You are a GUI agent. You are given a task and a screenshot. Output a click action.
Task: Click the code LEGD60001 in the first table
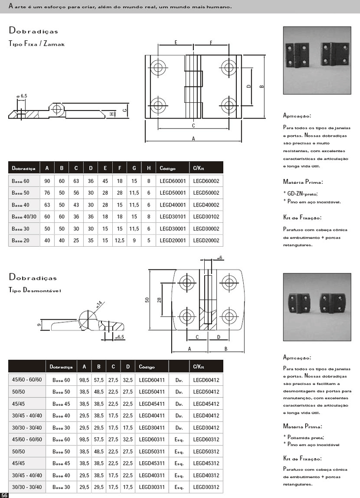pyautogui.click(x=173, y=181)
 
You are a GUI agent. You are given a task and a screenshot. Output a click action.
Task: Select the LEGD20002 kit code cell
pyautogui.click(x=206, y=240)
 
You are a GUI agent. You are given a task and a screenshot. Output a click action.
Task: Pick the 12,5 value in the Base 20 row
pyautogui.click(x=120, y=240)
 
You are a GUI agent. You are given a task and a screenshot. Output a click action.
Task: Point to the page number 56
pyautogui.click(x=4, y=495)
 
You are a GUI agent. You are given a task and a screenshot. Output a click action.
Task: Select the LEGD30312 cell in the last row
pyautogui.click(x=206, y=487)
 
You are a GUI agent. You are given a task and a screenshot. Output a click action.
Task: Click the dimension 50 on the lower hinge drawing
pyautogui.click(x=147, y=300)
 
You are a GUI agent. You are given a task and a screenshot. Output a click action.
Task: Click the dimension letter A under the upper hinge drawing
pyautogui.click(x=193, y=139)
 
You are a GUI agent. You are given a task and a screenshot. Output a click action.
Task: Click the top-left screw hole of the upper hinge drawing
pyautogui.click(x=158, y=68)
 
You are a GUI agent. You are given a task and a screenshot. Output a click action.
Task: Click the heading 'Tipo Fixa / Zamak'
pyautogui.click(x=37, y=44)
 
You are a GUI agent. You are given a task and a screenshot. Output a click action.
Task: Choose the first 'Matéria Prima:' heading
pyautogui.click(x=303, y=182)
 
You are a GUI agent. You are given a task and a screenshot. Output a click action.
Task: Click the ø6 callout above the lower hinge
pyautogui.click(x=219, y=258)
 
